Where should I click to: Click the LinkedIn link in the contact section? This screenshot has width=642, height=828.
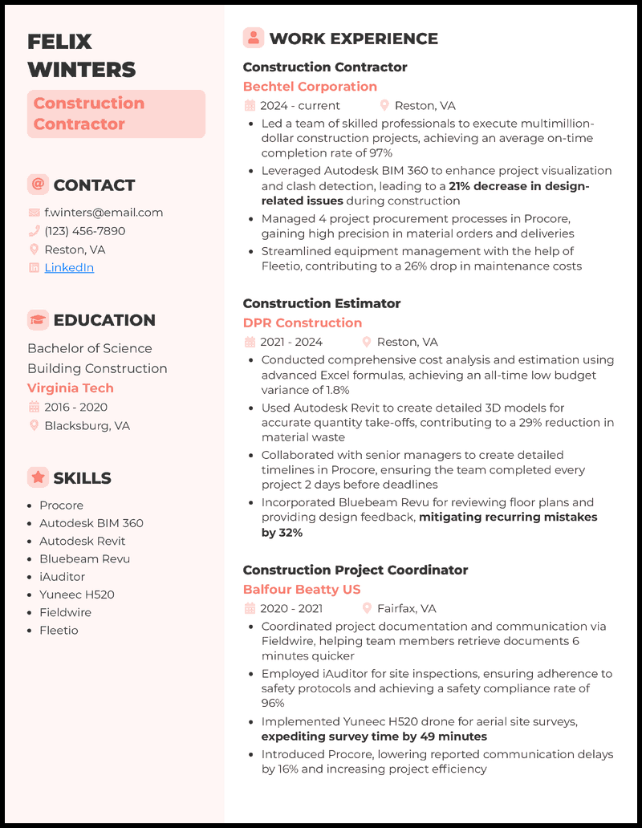point(69,268)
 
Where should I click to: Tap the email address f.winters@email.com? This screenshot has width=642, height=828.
point(104,213)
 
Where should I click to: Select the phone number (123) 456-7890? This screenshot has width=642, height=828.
point(84,231)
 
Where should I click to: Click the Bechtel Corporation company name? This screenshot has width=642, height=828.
point(310,87)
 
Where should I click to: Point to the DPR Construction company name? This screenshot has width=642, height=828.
point(303,323)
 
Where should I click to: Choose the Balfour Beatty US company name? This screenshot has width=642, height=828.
point(302,589)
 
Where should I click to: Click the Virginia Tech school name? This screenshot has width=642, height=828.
point(71,388)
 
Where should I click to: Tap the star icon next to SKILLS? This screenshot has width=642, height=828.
point(38,477)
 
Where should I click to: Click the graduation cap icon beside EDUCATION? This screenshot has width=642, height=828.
point(38,320)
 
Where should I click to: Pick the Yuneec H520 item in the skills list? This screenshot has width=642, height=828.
point(77,595)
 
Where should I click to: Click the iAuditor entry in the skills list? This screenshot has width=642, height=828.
point(62,577)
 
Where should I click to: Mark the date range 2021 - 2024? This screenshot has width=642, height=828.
point(291,342)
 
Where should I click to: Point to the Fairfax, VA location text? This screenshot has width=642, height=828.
point(408,608)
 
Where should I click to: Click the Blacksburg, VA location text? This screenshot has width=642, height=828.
point(87,426)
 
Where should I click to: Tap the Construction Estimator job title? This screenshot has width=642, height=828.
point(321,303)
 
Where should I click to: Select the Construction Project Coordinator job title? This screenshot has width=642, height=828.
point(355,570)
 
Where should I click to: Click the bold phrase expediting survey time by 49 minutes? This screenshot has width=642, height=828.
point(374,737)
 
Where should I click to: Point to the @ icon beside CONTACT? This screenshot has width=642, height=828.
point(38,185)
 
